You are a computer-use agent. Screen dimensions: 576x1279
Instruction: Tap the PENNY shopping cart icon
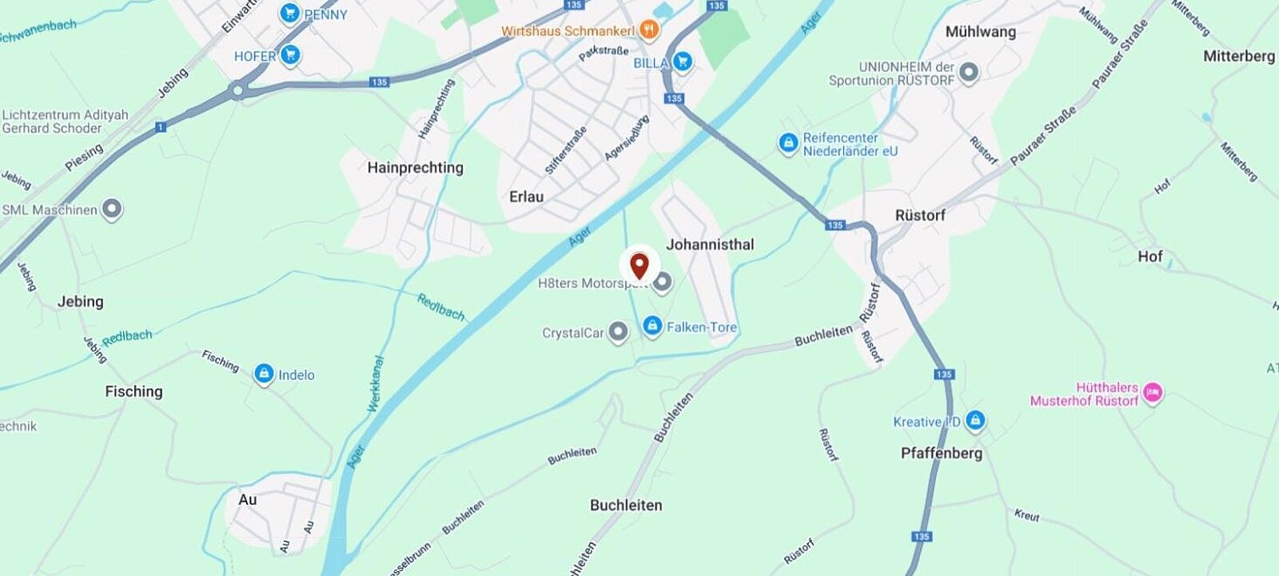[x=289, y=14]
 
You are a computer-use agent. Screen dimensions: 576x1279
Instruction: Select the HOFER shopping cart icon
[x=290, y=55]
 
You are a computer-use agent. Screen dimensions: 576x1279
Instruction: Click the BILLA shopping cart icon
[x=682, y=62]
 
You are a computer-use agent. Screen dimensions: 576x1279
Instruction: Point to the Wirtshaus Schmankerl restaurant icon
[x=649, y=30]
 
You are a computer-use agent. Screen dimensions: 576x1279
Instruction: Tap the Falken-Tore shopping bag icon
[x=652, y=326]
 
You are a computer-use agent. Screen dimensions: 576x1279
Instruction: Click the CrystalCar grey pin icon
[x=618, y=332]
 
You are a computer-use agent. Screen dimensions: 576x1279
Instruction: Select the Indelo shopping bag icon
[x=264, y=374]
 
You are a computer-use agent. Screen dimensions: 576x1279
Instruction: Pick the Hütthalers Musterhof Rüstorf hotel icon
[x=1153, y=393]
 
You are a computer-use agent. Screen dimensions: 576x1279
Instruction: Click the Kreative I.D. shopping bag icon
[x=974, y=420]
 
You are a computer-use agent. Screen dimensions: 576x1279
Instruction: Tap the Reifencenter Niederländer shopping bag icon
[x=788, y=144]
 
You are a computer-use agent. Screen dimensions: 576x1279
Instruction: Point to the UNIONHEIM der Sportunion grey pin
[x=969, y=74]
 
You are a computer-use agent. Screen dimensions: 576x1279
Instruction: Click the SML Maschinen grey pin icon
[x=112, y=210]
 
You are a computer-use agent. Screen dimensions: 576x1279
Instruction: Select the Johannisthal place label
[x=710, y=245]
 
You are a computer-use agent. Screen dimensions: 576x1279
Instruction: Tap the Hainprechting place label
[x=415, y=168]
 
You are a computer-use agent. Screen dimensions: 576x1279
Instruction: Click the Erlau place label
[x=526, y=197]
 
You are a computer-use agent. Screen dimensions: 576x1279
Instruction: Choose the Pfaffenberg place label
[x=942, y=454]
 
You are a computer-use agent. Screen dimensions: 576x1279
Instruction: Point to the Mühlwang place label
[x=980, y=32]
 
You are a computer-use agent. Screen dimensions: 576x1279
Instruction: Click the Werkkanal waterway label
[x=376, y=384]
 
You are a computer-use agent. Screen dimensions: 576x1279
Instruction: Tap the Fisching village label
[x=133, y=391]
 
